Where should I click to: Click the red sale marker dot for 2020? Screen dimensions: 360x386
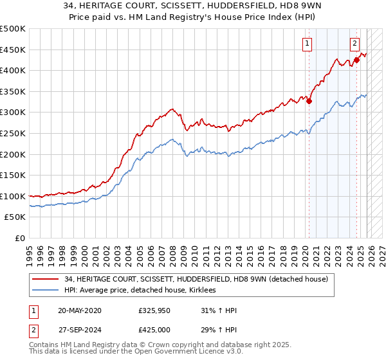[x=309, y=101]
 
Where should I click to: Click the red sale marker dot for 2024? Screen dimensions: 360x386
[x=356, y=60]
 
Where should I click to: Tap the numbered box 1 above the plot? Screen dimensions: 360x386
[x=308, y=44]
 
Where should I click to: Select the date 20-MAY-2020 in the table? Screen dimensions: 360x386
[x=79, y=310]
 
